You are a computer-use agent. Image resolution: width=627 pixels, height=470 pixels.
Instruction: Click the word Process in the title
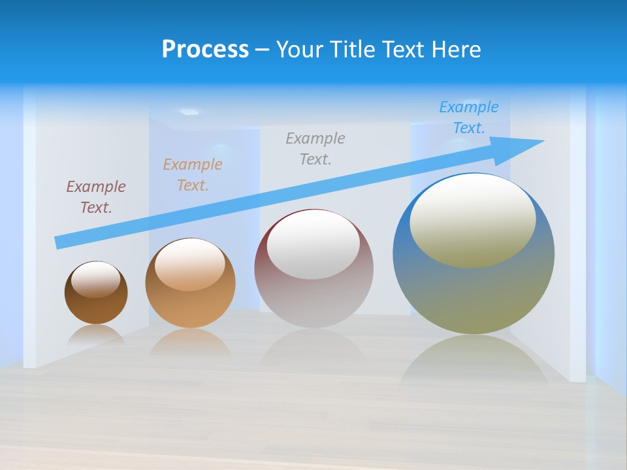tap(205, 50)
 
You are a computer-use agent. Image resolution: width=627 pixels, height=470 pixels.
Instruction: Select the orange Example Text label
tap(192, 175)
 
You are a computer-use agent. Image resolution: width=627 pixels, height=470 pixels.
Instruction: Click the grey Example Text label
tap(315, 149)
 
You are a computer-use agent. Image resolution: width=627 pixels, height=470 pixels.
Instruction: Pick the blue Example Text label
tap(468, 117)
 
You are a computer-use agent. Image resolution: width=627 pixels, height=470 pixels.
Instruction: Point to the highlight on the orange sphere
tap(190, 264)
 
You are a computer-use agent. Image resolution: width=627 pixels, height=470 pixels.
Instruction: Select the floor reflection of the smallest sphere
tap(96, 334)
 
